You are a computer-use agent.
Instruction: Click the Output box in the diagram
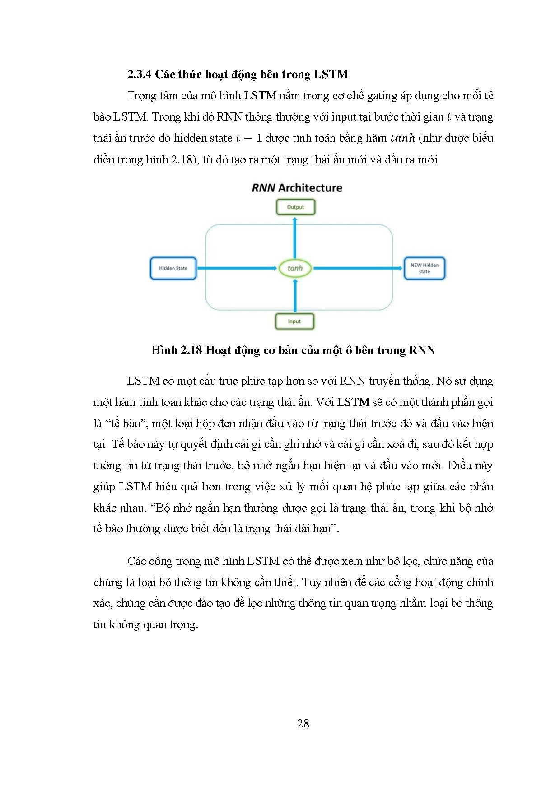pos(295,207)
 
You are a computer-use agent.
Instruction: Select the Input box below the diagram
pos(294,321)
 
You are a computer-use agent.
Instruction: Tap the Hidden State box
pos(173,268)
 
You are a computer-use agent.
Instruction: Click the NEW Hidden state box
pos(424,268)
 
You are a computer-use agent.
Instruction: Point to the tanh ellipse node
pos(295,268)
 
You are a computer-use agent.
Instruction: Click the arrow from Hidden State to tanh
pos(237,268)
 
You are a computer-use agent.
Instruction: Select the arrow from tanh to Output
pos(295,237)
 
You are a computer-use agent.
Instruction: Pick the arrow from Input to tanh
pos(295,296)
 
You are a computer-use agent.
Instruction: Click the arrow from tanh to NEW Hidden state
pos(357,268)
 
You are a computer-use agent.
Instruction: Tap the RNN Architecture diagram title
pos(297,188)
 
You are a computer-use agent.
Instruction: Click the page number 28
pos(303,723)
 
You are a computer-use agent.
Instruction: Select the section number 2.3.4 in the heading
pos(139,75)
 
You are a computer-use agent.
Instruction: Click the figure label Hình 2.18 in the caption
pos(176,350)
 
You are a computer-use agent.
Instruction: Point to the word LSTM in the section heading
pos(331,75)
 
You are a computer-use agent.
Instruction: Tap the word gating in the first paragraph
pos(382,96)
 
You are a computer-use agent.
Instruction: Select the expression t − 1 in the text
pos(249,138)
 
